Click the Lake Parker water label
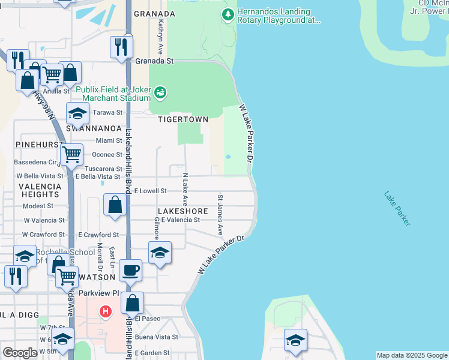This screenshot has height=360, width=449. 397,208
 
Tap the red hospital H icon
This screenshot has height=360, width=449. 106,312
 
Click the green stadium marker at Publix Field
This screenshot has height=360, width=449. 160,92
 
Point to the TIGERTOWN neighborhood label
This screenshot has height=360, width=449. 183,119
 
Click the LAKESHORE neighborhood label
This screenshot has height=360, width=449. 182,211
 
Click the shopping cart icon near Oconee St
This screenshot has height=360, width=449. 72,154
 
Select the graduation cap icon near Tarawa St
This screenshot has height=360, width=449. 77,113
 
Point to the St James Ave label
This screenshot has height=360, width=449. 220,214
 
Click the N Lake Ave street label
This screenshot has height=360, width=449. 185,189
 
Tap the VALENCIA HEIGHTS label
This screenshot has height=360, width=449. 40,190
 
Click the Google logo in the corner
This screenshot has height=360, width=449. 20,353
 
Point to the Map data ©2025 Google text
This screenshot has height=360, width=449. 412,355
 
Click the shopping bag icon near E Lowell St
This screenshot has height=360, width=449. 115,205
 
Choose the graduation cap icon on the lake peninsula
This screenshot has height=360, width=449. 295,340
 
